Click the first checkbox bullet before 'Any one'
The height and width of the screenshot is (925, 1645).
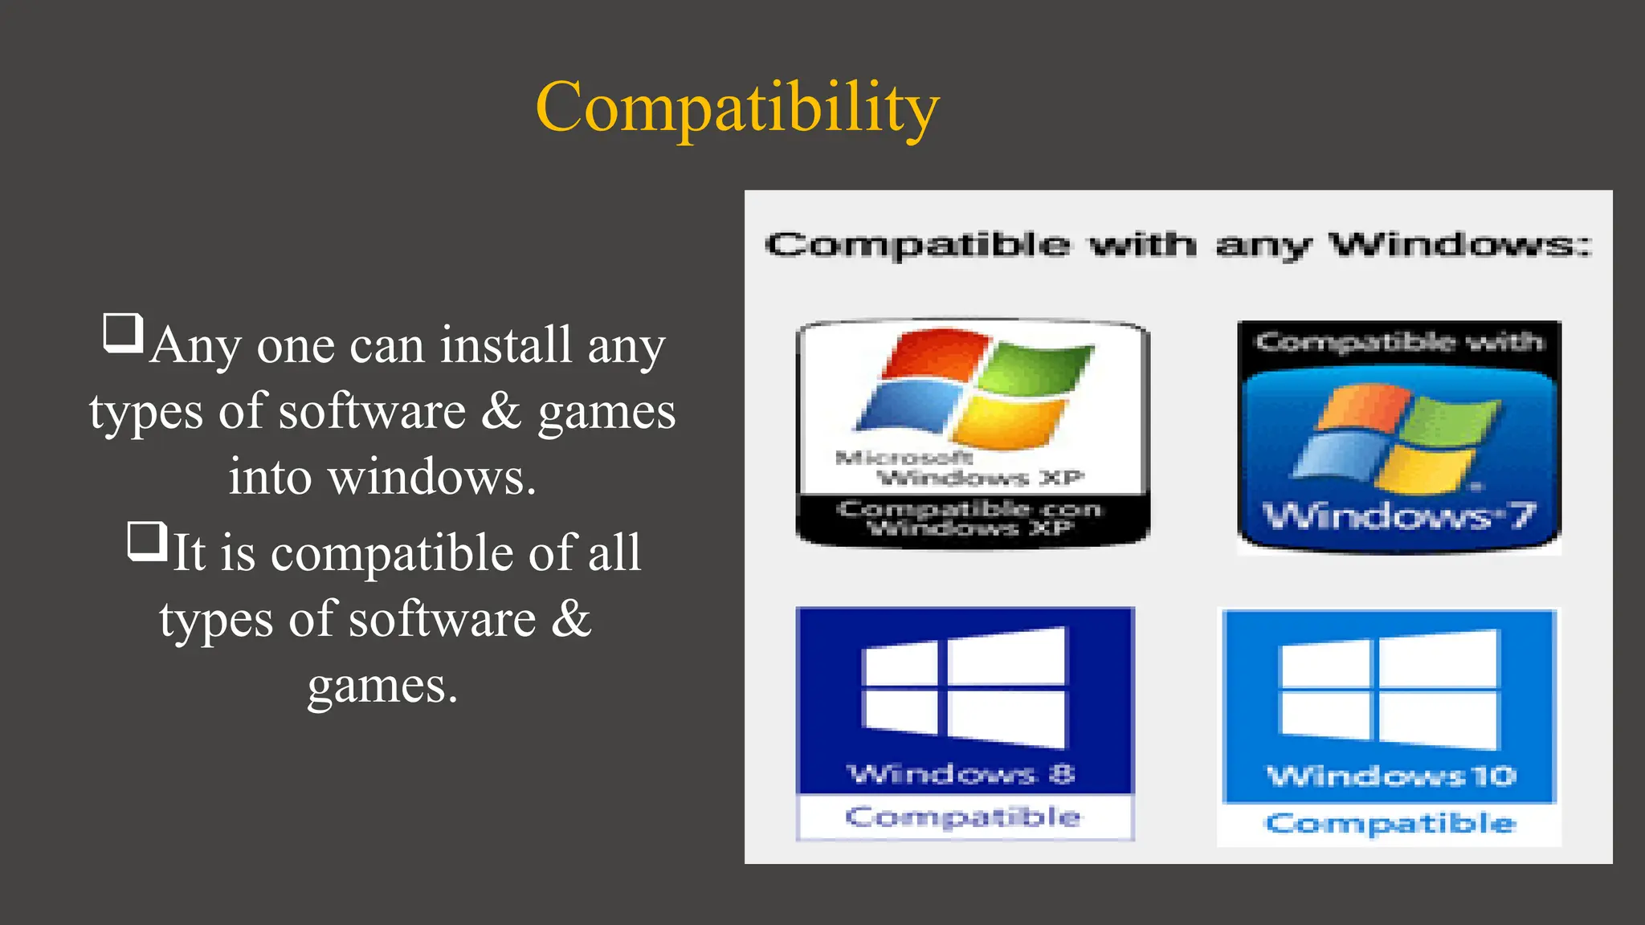123,333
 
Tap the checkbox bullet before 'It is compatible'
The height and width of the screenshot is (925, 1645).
147,540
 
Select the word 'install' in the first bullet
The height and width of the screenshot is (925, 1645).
506,345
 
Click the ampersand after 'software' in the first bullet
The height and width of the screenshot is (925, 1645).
502,410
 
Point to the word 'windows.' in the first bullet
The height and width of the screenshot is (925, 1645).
432,477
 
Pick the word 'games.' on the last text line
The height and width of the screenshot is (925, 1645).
382,686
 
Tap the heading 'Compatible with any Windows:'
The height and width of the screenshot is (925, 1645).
1178,244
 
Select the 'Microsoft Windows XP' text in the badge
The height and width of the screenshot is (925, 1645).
960,468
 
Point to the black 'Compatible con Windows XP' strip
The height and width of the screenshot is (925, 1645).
970,519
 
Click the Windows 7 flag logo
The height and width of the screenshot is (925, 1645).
1395,438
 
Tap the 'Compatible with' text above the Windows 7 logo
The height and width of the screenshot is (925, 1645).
1399,342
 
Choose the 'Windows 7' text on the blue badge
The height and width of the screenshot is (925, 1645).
1398,516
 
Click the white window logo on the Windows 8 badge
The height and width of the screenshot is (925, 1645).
964,688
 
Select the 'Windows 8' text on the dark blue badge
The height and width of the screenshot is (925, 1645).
961,774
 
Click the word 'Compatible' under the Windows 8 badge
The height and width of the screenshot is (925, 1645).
963,817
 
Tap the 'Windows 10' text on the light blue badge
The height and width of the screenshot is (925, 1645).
1391,776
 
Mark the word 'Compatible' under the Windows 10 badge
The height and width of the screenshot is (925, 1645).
1390,823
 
